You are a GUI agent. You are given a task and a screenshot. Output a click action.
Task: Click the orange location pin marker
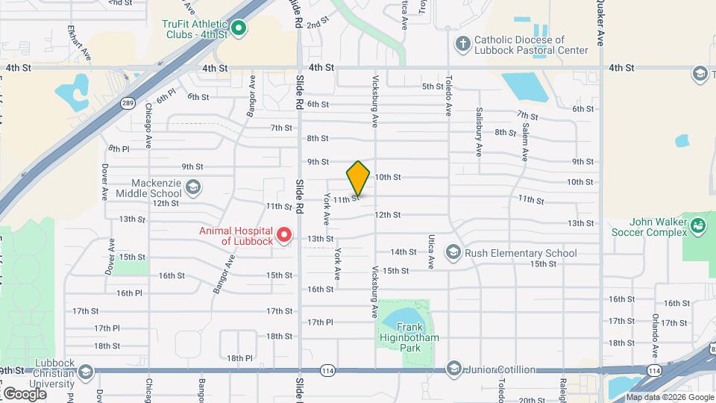click(358, 178)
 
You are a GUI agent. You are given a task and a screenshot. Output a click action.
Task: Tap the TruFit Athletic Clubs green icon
click(239, 29)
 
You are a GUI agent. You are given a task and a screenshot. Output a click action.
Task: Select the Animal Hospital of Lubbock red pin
click(283, 236)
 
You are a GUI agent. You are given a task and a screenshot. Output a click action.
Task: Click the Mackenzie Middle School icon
click(193, 186)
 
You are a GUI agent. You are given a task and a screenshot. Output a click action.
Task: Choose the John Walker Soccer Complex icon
click(698, 225)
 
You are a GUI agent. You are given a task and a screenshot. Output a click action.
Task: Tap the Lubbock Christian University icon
click(86, 372)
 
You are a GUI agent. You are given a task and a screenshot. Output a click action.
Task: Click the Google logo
click(25, 393)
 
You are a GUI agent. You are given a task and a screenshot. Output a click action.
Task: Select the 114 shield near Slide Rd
click(327, 370)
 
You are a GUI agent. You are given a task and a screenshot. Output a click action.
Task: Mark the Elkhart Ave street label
click(88, 44)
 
